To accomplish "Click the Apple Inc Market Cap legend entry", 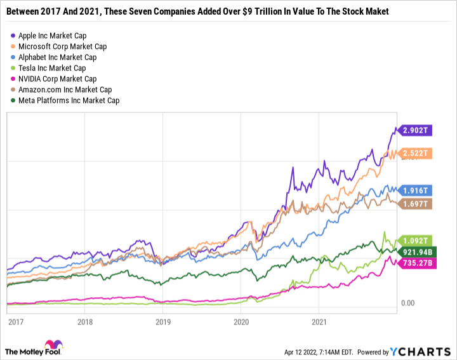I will tap(52, 36).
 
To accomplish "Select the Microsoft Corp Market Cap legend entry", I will tap(62, 46).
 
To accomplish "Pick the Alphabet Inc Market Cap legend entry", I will tap(57, 57).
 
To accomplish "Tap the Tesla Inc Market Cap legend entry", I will tap(51, 68).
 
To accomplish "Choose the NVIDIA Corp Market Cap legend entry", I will tap(57, 79).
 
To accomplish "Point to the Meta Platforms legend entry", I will tap(69, 100).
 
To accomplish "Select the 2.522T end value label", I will tap(415, 153).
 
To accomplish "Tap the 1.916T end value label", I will tap(415, 190).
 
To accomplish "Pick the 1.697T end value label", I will tap(415, 204).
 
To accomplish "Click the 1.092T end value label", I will tap(415, 241).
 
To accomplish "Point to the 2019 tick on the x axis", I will tap(164, 321).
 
